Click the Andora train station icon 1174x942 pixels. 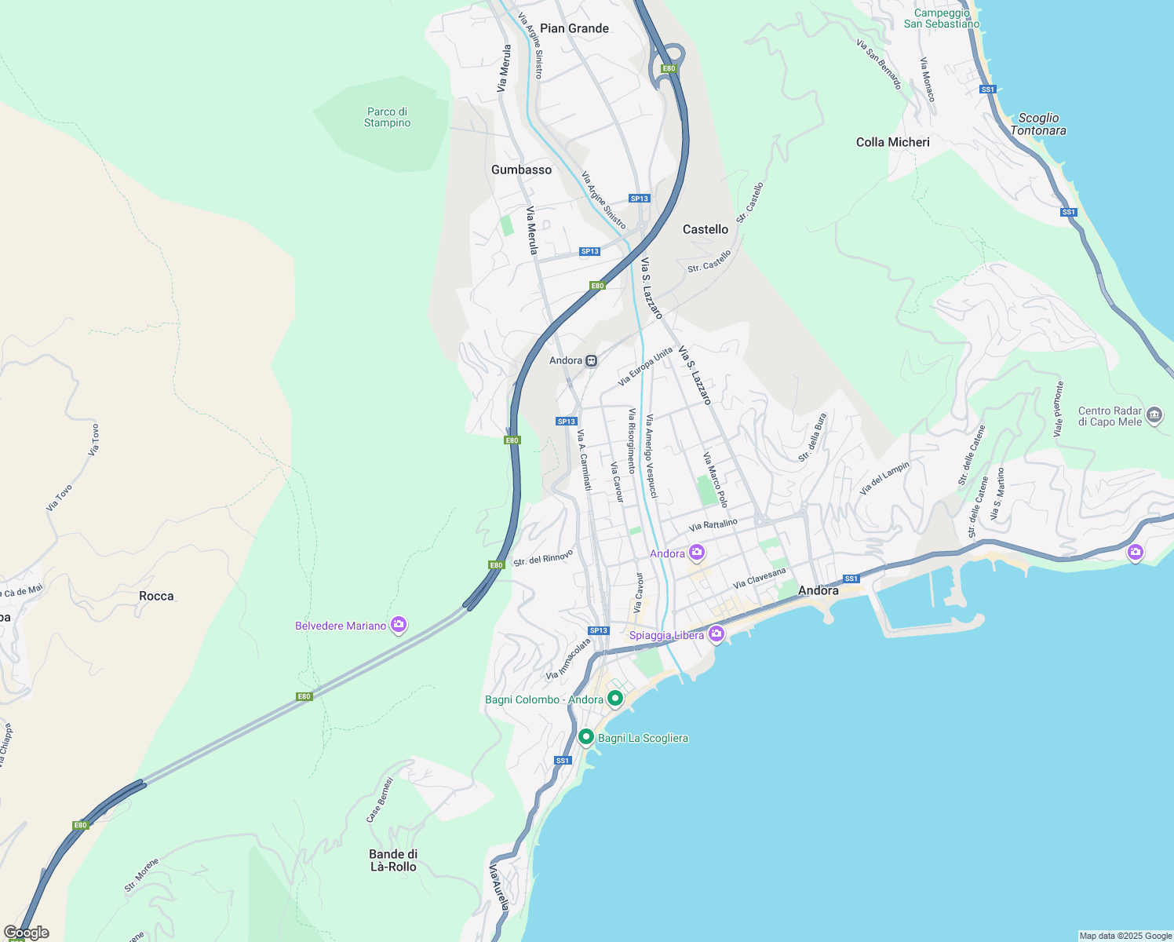click(x=591, y=361)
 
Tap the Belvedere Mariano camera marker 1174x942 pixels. click(x=399, y=625)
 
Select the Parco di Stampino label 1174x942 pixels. click(x=387, y=118)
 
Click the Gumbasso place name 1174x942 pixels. click(x=521, y=170)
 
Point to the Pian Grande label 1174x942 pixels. click(x=574, y=28)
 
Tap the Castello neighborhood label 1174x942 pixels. click(x=705, y=229)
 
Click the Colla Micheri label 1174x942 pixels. click(x=892, y=142)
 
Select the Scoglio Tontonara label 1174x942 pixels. click(x=1037, y=124)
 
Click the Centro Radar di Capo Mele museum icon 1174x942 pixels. click(x=1154, y=415)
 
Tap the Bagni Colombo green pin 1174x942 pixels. click(x=615, y=698)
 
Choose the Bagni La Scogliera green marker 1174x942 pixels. click(x=585, y=737)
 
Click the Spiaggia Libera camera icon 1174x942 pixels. click(x=716, y=634)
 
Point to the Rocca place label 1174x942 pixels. click(x=156, y=596)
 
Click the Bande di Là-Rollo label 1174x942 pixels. click(x=392, y=860)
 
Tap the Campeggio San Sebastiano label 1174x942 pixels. click(x=942, y=18)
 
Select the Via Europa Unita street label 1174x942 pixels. click(x=645, y=367)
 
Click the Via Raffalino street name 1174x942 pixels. click(x=713, y=524)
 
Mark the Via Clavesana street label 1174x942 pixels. click(x=759, y=579)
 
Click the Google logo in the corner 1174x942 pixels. click(x=26, y=933)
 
